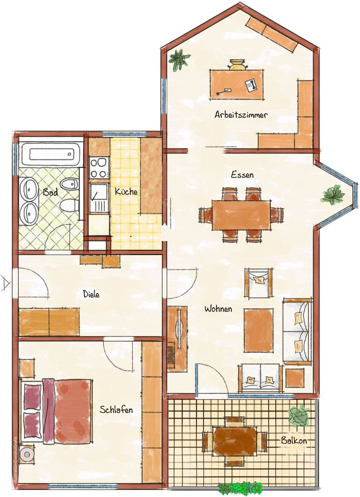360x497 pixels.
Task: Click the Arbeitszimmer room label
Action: [x=240, y=115]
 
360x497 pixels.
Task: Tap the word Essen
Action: [x=242, y=174]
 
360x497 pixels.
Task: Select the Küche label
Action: [x=126, y=191]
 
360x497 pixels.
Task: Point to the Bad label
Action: [x=51, y=192]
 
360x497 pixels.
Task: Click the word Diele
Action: [x=91, y=294]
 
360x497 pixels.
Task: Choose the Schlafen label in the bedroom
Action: [x=116, y=410]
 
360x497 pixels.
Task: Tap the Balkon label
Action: [x=294, y=440]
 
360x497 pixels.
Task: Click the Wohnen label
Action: [x=218, y=308]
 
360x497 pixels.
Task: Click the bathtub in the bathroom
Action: [x=51, y=154]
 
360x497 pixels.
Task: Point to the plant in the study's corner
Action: [x=179, y=59]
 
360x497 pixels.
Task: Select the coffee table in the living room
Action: [x=258, y=330]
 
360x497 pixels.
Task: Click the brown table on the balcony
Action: [x=234, y=440]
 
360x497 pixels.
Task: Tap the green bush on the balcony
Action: [x=298, y=416]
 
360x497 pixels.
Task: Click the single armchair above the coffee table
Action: [x=259, y=283]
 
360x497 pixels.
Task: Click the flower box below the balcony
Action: [x=240, y=488]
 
